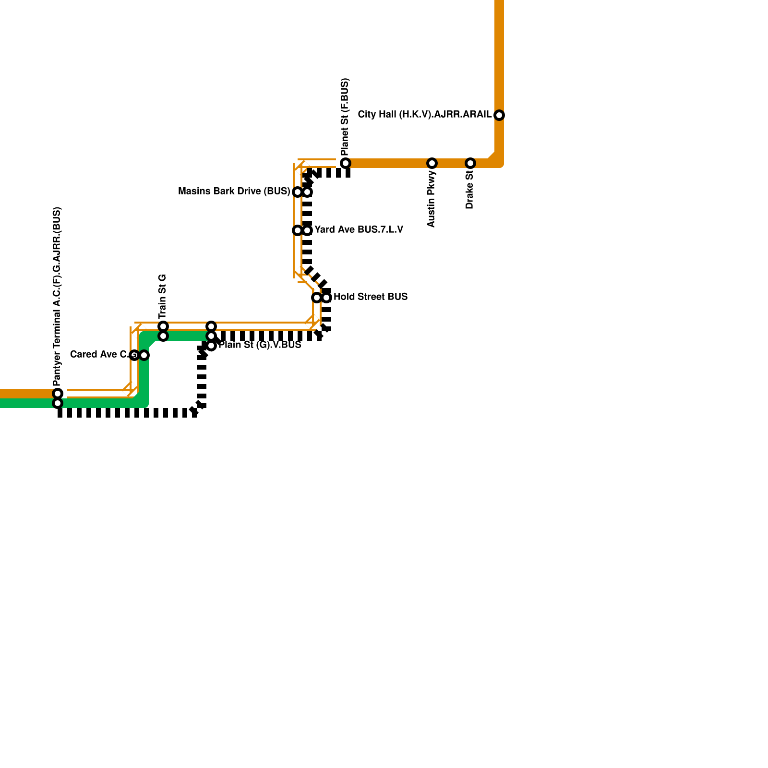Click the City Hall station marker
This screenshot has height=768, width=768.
499,115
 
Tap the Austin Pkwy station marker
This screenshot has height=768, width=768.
432,163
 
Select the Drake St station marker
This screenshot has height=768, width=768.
470,163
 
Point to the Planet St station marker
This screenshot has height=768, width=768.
346,163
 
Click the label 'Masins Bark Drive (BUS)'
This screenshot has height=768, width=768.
234,192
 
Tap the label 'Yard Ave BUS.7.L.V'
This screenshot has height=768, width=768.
359,230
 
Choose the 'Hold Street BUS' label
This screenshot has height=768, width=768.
370,297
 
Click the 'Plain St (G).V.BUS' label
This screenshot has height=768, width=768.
260,345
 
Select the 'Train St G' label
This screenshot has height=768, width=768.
162,297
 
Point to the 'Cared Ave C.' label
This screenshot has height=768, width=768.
100,355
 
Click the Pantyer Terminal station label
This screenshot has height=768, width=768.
57,297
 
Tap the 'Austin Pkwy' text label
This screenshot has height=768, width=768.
431,199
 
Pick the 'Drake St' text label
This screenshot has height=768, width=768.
469,189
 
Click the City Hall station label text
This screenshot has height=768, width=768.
424,115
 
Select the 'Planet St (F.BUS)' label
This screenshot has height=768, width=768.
345,117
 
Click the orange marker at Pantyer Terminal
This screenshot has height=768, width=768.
58,394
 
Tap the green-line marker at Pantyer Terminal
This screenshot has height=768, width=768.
58,403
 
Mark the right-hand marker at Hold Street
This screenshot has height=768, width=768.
326,298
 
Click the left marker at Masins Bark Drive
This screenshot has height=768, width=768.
298,192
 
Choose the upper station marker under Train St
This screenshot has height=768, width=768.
163,326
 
